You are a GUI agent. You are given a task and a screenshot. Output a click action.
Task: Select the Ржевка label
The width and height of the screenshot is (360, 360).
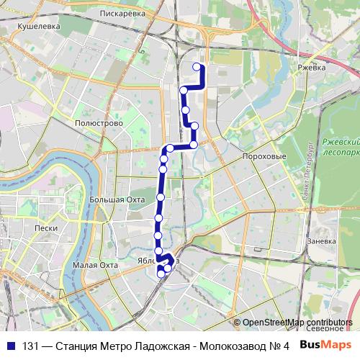(x=311, y=69)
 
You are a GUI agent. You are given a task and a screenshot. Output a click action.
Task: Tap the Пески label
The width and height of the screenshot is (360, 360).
(x=45, y=227)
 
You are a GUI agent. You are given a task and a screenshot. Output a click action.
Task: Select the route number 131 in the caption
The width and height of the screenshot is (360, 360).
(x=30, y=345)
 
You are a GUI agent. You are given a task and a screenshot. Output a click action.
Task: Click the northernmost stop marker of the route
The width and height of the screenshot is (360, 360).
(x=197, y=67)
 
